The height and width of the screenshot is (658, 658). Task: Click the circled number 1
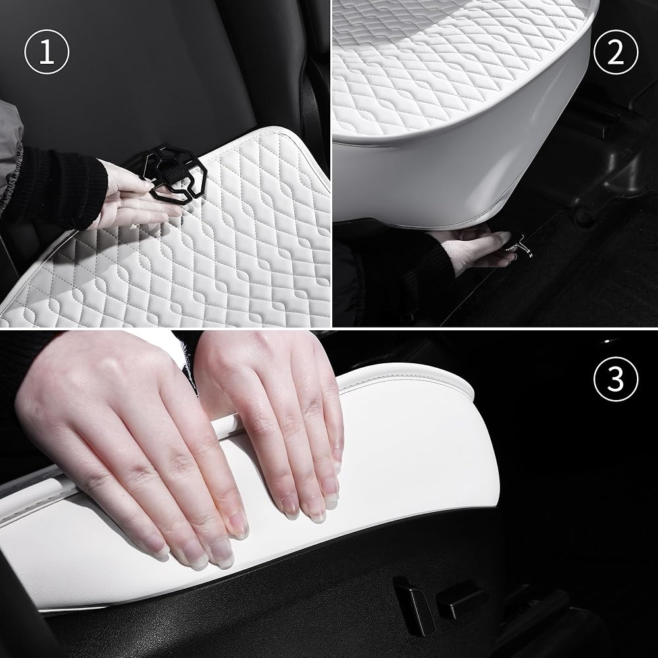[x=47, y=52]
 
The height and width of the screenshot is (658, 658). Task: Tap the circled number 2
[x=616, y=52]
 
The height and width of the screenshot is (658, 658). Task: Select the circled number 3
[x=616, y=379]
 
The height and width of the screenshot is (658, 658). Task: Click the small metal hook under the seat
[x=520, y=246]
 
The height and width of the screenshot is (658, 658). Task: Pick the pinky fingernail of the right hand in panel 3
[x=336, y=455]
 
